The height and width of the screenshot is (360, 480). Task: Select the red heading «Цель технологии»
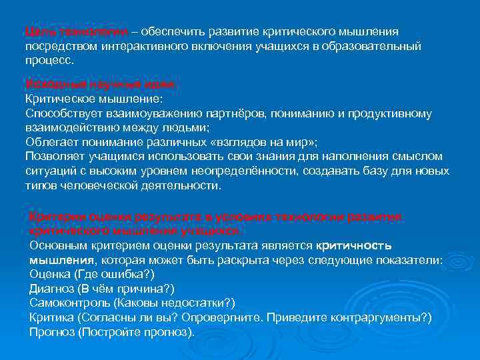click(x=63, y=33)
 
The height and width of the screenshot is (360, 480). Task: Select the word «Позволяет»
click(x=53, y=157)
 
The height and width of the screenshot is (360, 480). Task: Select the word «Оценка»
click(x=49, y=273)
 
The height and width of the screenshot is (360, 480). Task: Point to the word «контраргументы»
click(x=374, y=317)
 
